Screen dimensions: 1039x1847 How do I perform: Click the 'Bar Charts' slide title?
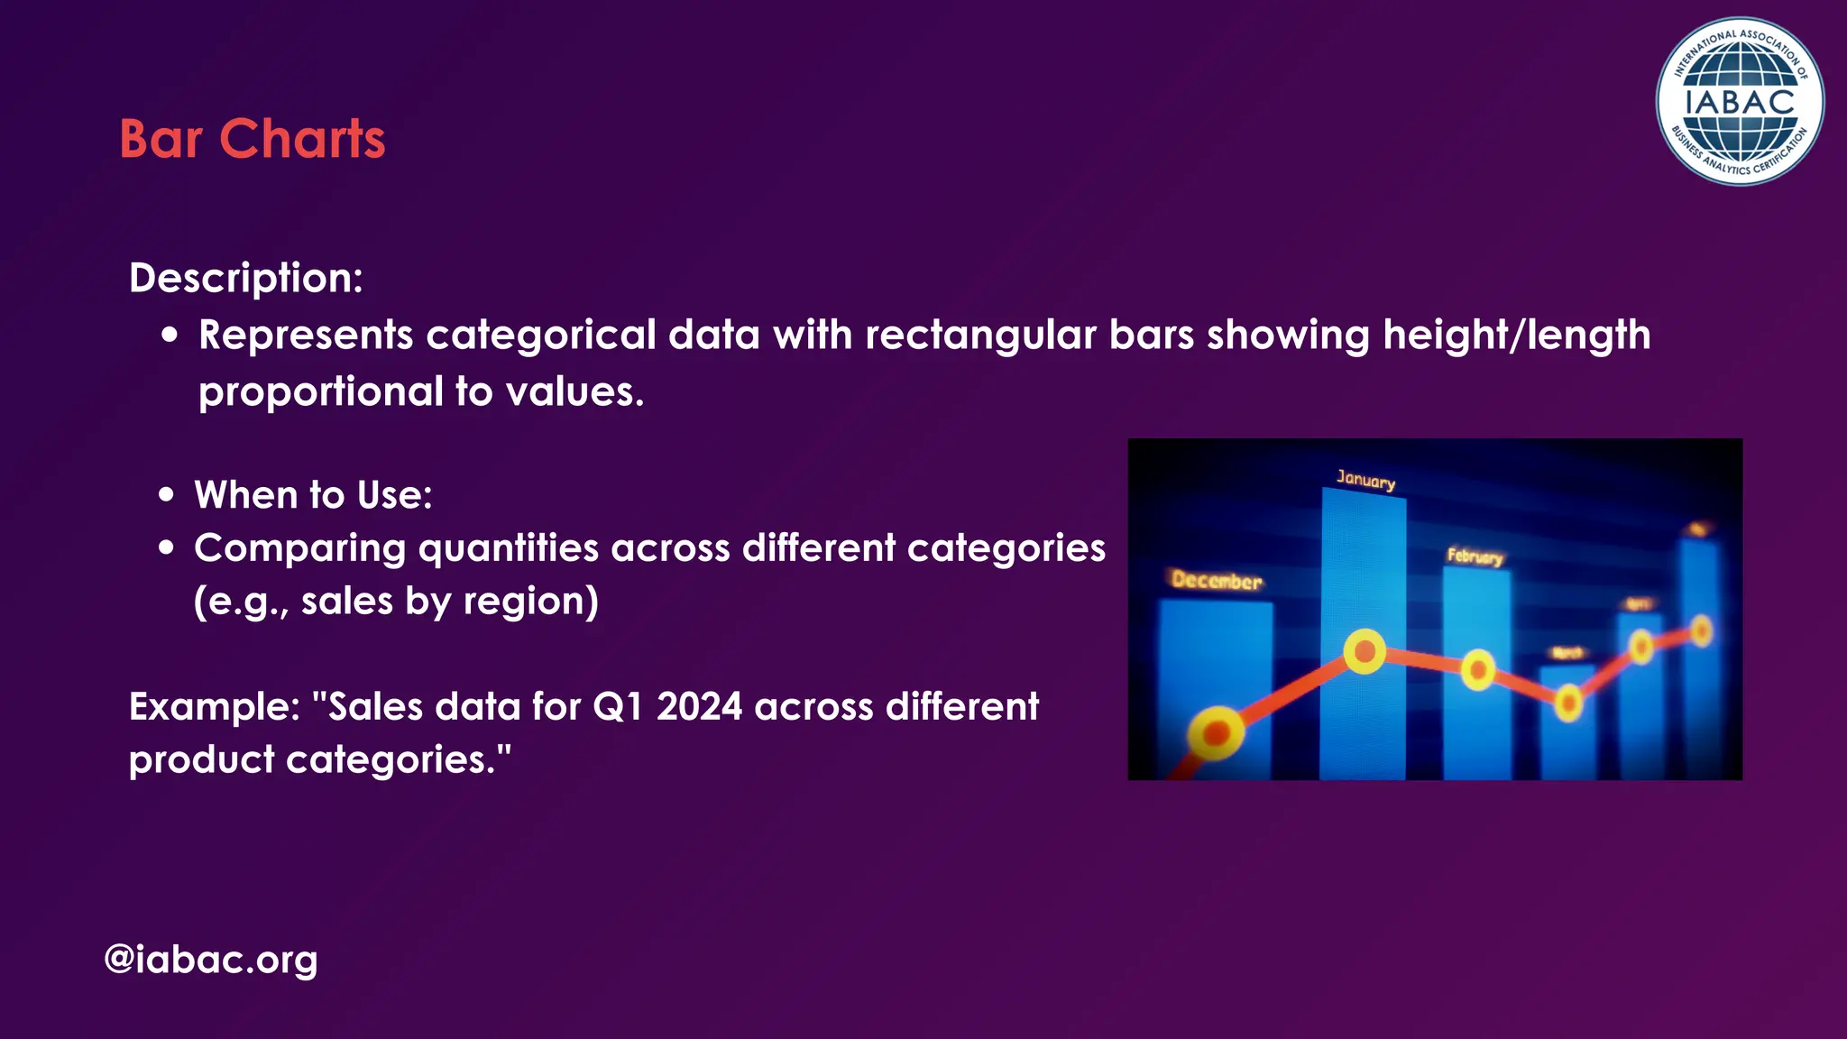tap(252, 139)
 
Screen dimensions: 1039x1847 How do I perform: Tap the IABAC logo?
tap(1739, 101)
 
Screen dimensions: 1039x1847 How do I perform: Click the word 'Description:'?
tap(245, 278)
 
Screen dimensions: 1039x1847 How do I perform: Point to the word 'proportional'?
tap(320, 392)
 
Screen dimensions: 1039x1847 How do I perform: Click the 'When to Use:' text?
tap(313, 495)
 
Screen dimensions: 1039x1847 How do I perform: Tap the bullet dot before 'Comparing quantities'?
tap(166, 547)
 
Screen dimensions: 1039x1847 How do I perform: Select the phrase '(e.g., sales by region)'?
tap(396, 602)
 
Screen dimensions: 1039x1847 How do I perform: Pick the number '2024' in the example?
tap(699, 706)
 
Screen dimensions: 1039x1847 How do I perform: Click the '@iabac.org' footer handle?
tap(211, 959)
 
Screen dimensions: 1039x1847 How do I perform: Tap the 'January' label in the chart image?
tap(1365, 479)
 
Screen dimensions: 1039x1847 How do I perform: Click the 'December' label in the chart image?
tap(1216, 580)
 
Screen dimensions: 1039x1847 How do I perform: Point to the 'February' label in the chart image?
tap(1475, 556)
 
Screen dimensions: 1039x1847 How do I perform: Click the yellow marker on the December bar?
tap(1216, 733)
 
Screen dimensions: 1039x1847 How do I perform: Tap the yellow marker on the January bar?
tap(1365, 650)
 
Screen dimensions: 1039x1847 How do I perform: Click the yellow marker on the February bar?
tap(1478, 670)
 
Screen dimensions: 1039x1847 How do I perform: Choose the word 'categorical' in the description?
tap(540, 336)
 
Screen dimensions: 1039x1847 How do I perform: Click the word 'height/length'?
tap(1516, 336)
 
